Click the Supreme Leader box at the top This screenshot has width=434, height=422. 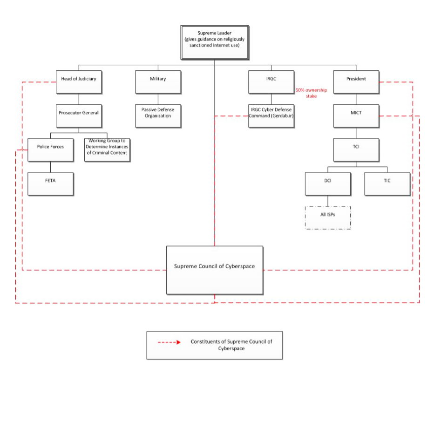(x=214, y=42)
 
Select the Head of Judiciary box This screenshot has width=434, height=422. (x=79, y=82)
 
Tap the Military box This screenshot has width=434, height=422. (x=158, y=82)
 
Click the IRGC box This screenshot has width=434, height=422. (x=271, y=82)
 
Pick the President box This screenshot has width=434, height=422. (x=356, y=82)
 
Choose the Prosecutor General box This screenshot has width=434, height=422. (x=79, y=116)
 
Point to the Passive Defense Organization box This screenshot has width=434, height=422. (x=158, y=116)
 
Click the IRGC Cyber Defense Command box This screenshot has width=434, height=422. (x=271, y=116)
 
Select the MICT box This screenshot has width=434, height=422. (x=356, y=116)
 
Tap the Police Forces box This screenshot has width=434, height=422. (x=50, y=150)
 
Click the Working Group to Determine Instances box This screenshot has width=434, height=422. (x=107, y=150)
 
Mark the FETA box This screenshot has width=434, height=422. (x=50, y=184)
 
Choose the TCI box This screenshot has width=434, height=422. (x=356, y=150)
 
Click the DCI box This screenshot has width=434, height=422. (x=328, y=184)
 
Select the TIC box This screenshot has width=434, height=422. (x=387, y=184)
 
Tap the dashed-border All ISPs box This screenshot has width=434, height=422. (x=328, y=218)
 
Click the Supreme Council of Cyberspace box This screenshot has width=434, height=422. (x=214, y=270)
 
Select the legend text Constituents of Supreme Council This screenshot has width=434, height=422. (x=231, y=345)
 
